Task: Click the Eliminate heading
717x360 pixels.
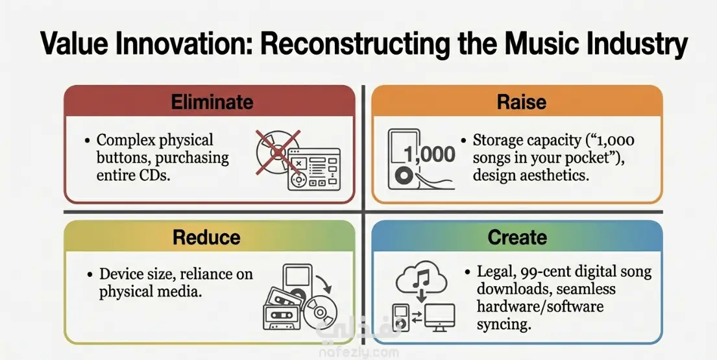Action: point(212,102)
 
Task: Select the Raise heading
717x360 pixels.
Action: point(521,102)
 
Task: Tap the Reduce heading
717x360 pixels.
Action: point(206,237)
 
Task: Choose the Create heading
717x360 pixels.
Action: point(517,237)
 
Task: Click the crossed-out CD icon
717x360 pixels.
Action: point(278,152)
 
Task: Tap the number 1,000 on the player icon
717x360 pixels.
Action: point(430,155)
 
